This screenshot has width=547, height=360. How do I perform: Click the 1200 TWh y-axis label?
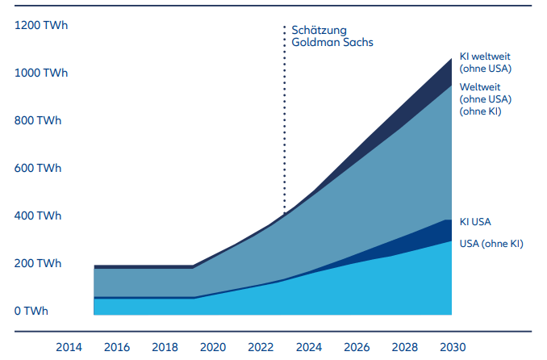coord(41,26)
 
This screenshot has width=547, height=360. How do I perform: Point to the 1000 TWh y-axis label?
coord(41,73)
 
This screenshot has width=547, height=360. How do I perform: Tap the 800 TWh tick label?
coord(38,121)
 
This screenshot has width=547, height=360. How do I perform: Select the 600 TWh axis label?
coord(38,169)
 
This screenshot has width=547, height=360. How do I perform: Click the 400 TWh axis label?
coord(38,216)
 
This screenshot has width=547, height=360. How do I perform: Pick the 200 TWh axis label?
coord(38,264)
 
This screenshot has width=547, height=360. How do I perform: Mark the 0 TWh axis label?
coord(32,312)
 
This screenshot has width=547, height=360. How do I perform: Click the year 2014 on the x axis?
coord(69,347)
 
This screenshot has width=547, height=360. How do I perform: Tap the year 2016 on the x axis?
coord(117,347)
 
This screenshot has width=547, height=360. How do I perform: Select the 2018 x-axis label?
coord(165,347)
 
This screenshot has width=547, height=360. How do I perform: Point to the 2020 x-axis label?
coord(213,347)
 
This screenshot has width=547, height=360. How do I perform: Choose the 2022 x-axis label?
coord(261,347)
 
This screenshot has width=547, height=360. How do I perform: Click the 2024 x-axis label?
coord(308,347)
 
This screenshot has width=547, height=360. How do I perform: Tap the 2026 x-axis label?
coord(356,347)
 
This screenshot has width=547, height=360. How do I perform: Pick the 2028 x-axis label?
coord(403,347)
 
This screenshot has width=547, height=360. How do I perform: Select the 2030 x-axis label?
coord(451,347)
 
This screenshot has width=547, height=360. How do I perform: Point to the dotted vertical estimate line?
coord(284,121)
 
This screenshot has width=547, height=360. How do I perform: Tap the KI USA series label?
coord(475,222)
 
